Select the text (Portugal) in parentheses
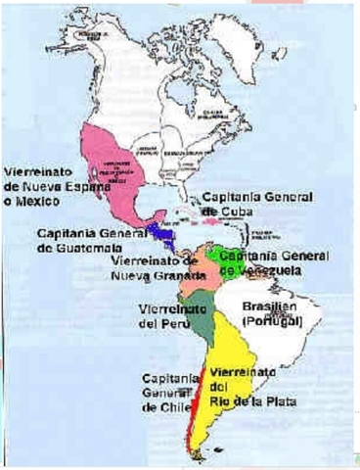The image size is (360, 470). click(273, 320)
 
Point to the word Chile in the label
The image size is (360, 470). click(164, 407)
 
